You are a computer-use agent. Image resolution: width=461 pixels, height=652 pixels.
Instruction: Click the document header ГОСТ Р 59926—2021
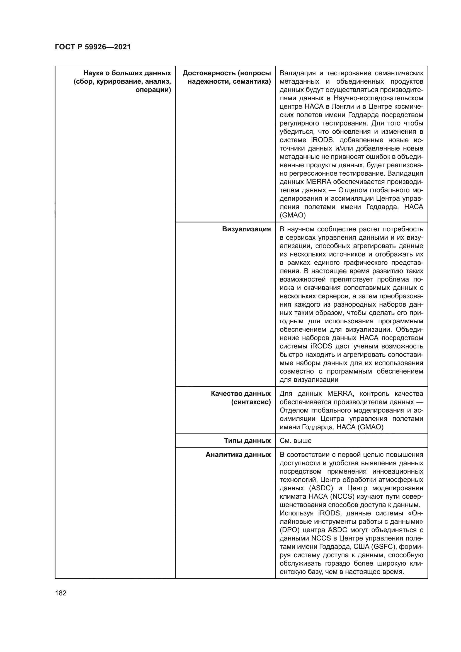[x=93, y=47]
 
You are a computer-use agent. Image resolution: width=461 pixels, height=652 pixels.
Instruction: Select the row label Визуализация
[x=246, y=229]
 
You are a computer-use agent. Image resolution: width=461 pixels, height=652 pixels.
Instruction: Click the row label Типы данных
[x=247, y=441]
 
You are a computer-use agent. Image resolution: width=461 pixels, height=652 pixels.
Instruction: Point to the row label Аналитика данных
[x=238, y=455]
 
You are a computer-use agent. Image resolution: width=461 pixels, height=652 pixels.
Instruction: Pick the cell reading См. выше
[x=295, y=441]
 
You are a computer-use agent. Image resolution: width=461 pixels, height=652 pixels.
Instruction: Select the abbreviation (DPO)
[x=289, y=530]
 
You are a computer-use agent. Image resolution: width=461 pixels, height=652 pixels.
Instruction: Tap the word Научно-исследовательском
[x=378, y=98]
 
